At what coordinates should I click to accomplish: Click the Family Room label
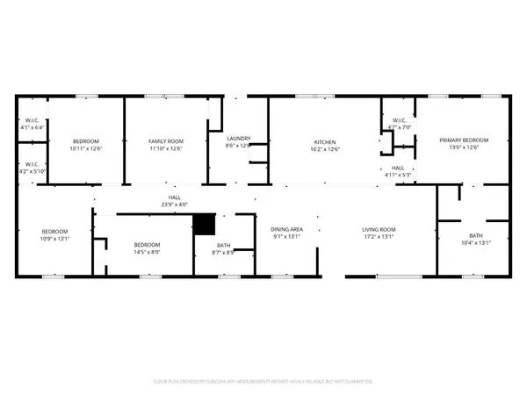pyautogui.click(x=165, y=141)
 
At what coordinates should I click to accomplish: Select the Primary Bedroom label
pyautogui.click(x=464, y=140)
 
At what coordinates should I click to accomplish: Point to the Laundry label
pyautogui.click(x=239, y=139)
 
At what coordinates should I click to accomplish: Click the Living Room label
pyautogui.click(x=379, y=230)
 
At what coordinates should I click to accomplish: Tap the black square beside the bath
pyautogui.click(x=204, y=225)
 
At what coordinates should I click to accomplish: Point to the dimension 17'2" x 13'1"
pyautogui.click(x=379, y=238)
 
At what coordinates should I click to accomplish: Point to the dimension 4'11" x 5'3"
pyautogui.click(x=397, y=176)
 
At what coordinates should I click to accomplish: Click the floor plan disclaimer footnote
pyautogui.click(x=263, y=382)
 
